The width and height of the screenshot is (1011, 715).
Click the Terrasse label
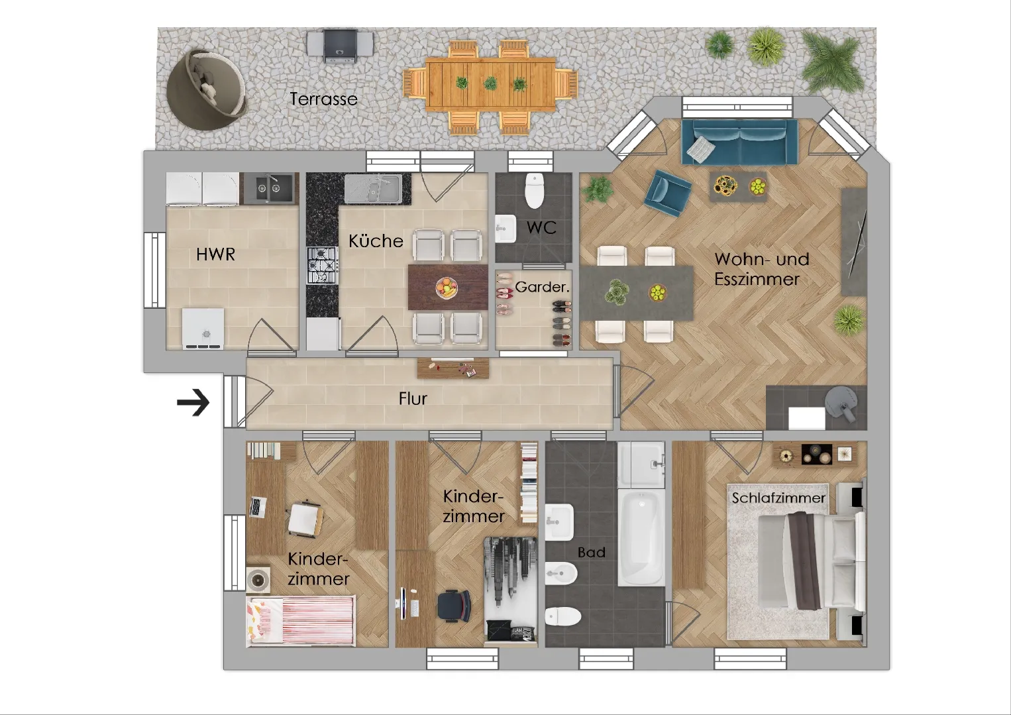(323, 99)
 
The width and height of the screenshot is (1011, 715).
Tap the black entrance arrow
(193, 402)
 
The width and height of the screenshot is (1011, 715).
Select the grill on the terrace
(341, 44)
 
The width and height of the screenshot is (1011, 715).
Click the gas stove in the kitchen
(322, 266)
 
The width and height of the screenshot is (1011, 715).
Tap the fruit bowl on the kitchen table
(447, 288)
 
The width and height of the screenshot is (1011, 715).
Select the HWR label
(216, 254)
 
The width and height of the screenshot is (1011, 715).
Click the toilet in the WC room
(535, 190)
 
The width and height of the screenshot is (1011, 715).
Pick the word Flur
(413, 398)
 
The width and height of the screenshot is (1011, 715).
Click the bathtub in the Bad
(641, 537)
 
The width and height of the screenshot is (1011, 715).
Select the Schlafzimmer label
(778, 498)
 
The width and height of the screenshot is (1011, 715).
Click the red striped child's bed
(301, 621)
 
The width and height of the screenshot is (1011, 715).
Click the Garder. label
(542, 287)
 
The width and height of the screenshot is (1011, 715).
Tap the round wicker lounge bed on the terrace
(207, 89)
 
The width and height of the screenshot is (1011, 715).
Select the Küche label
(376, 241)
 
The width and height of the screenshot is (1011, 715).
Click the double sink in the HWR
(269, 188)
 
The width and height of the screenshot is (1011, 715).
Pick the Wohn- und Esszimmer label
(762, 269)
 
